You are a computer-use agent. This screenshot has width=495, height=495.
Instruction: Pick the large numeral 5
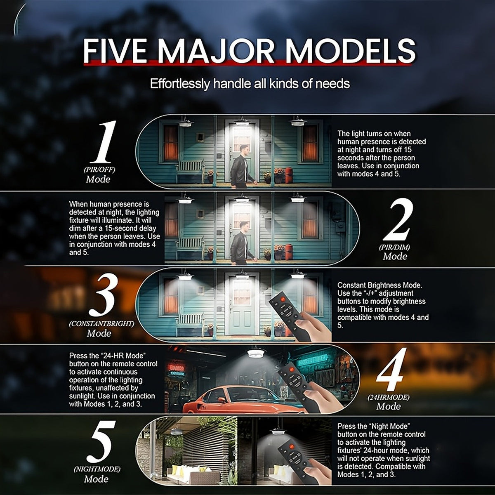101,441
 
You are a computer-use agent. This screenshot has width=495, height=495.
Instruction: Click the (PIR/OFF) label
99,170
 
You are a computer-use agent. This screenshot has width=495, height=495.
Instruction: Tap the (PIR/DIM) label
394,247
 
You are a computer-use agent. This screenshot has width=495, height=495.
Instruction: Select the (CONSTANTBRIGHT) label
101,323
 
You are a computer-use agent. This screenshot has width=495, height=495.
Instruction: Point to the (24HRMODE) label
389,397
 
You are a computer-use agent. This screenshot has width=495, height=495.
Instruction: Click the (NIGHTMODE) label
97,469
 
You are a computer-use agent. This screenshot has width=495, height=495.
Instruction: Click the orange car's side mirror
221,400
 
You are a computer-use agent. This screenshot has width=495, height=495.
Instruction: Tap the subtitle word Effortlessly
180,84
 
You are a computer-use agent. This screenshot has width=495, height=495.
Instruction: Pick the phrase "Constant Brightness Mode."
380,285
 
